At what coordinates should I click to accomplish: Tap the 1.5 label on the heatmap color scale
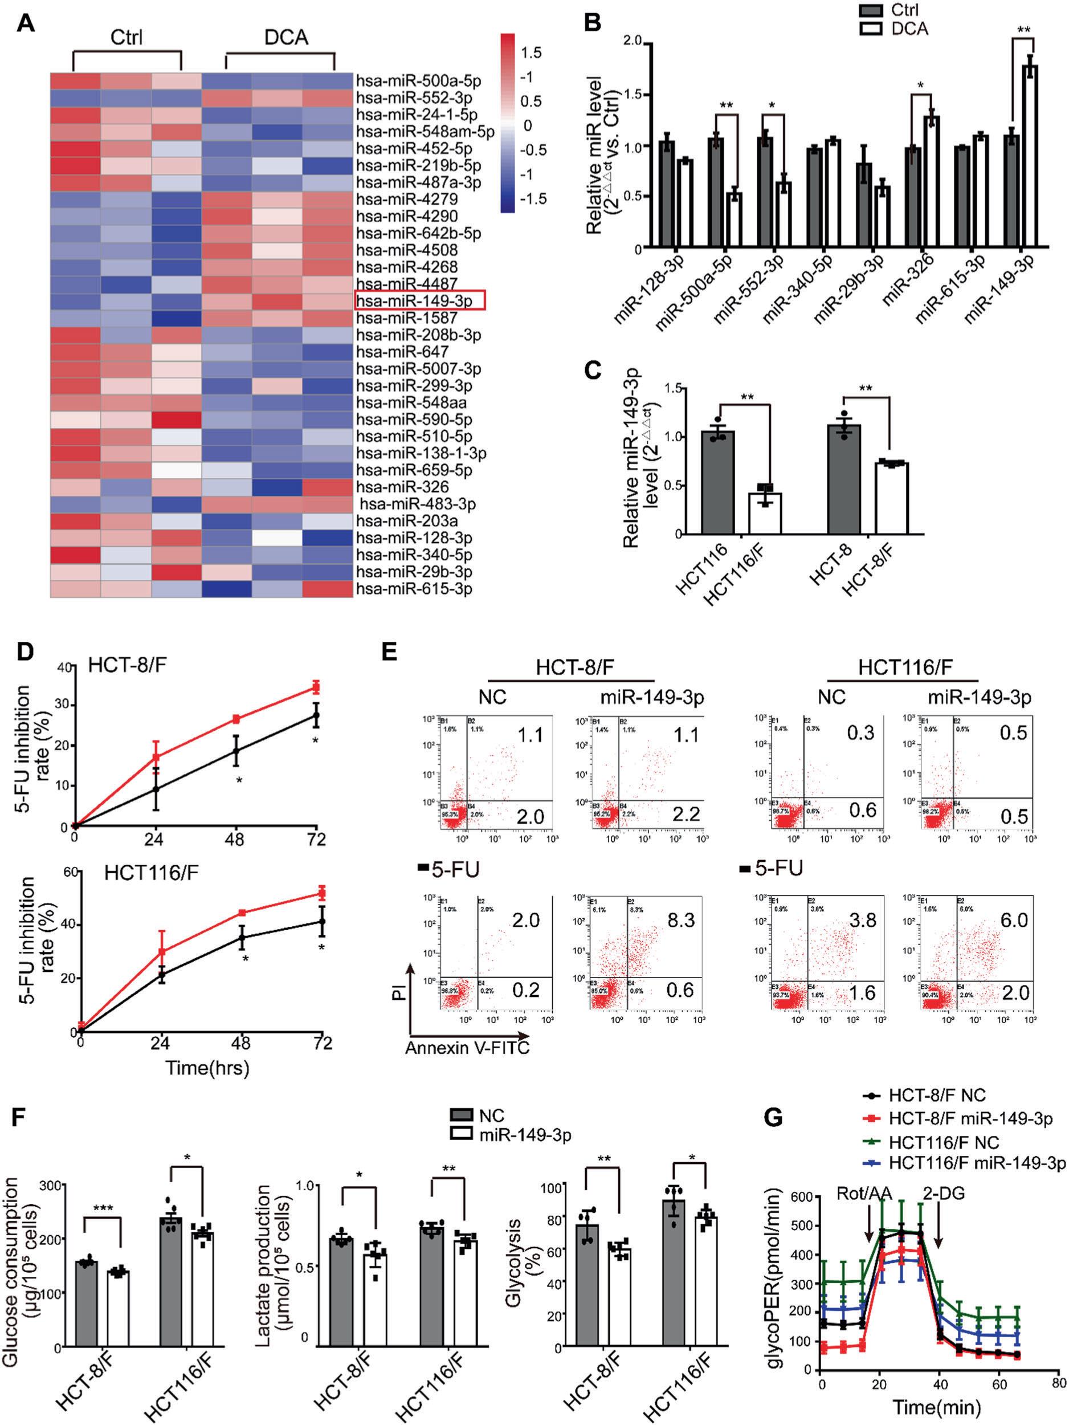[531, 52]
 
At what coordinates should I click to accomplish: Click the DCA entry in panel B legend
[910, 29]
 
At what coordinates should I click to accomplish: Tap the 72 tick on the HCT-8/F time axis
[316, 840]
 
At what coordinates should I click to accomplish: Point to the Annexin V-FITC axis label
[467, 1048]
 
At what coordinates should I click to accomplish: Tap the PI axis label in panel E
[401, 990]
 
